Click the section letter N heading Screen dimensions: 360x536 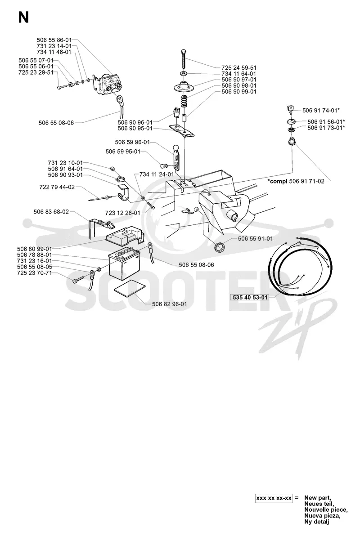[23, 18]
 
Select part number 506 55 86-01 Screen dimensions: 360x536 [54, 40]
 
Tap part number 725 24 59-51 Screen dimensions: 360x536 [239, 68]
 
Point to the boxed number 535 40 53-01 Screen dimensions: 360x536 [250, 297]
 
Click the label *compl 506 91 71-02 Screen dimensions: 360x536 [296, 181]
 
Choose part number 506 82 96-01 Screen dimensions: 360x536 [169, 304]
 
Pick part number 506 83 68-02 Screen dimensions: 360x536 [51, 212]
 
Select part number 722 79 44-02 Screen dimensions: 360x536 [57, 188]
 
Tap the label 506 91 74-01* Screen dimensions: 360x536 [321, 111]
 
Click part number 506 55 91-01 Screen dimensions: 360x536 [256, 239]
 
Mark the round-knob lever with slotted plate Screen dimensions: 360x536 [176, 156]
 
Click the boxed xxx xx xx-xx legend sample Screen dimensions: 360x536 [274, 498]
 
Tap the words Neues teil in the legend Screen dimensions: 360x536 [318, 504]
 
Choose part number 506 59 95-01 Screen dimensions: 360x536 [123, 152]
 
